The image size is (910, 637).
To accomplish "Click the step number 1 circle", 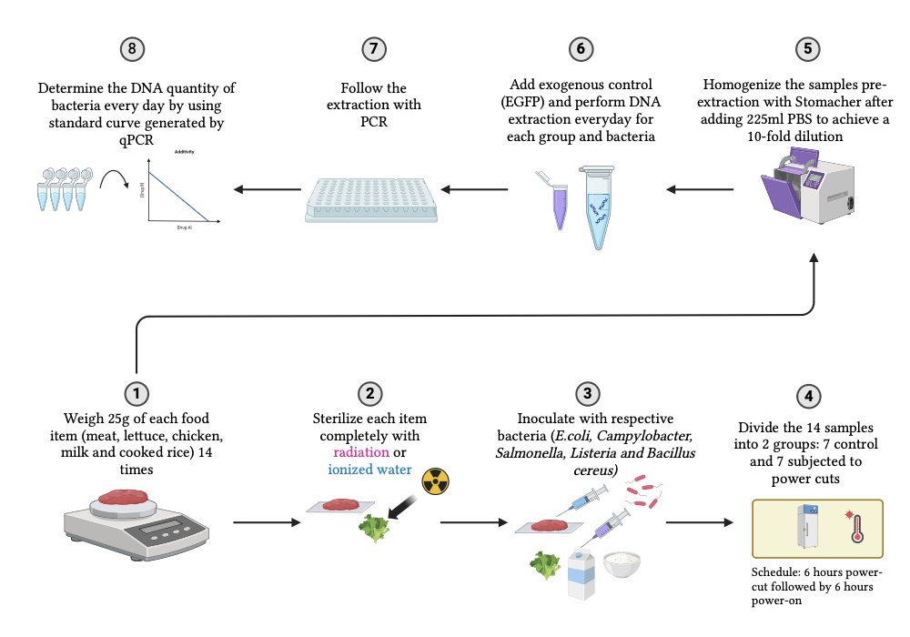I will tap(136, 393).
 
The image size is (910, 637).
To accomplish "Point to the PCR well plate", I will tap(371, 197).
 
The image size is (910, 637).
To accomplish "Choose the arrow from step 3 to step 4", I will tap(698, 522).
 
